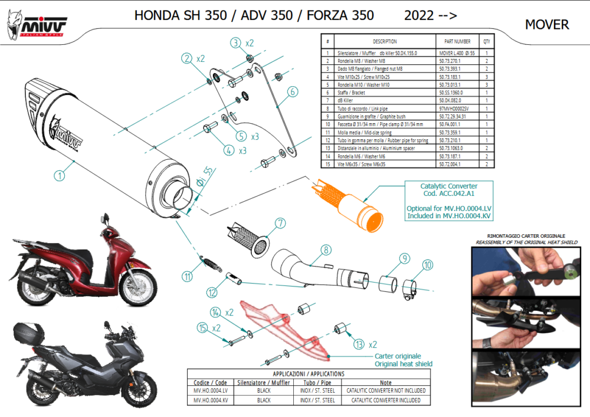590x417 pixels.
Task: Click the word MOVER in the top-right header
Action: (547, 25)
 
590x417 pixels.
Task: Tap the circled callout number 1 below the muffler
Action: (60, 175)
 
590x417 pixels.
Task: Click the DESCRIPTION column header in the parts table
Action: (385, 42)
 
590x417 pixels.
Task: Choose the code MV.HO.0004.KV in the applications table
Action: (210, 400)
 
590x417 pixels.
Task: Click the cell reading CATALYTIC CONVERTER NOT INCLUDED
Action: (386, 390)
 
